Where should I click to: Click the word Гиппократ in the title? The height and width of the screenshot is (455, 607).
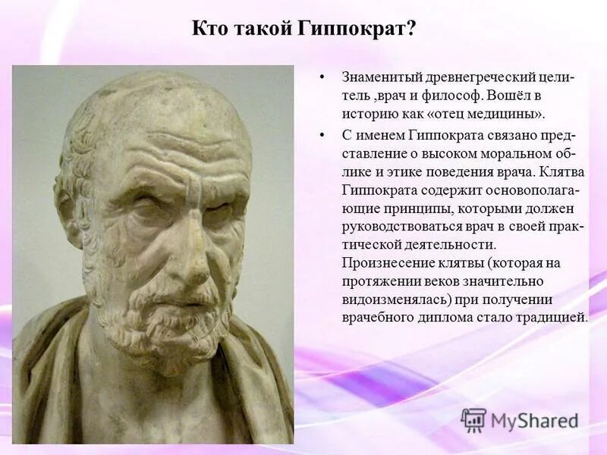(366, 30)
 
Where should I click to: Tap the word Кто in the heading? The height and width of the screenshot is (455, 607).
(209, 30)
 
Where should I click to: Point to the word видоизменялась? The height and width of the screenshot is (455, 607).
(392, 299)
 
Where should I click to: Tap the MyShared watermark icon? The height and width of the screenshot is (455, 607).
(473, 420)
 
